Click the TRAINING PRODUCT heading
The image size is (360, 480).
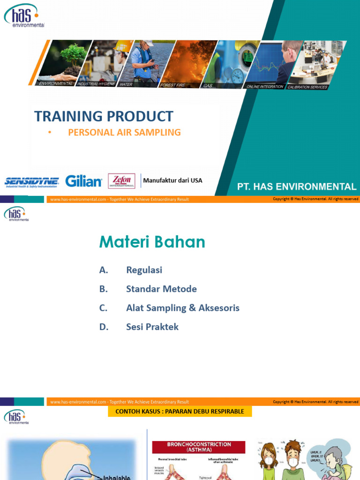(x=104, y=116)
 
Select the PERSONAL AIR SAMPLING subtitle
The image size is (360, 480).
(x=124, y=132)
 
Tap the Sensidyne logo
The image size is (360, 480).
(x=31, y=182)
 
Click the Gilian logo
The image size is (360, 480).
(x=83, y=181)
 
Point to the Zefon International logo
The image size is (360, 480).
(x=121, y=181)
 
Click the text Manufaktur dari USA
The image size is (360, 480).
(x=172, y=180)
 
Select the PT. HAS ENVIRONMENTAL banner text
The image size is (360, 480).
(x=297, y=187)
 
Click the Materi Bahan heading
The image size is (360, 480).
(x=152, y=242)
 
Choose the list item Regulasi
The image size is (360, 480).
(x=144, y=270)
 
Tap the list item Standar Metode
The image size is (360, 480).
(x=161, y=289)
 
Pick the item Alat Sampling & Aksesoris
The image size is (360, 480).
(x=182, y=308)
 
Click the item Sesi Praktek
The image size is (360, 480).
(x=152, y=327)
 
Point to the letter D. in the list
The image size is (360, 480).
(x=104, y=327)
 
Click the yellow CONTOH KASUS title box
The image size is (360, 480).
(x=180, y=412)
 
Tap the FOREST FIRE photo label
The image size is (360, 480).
(x=172, y=85)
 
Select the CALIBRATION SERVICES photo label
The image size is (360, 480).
(x=307, y=87)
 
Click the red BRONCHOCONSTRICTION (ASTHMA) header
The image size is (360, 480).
(x=199, y=447)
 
